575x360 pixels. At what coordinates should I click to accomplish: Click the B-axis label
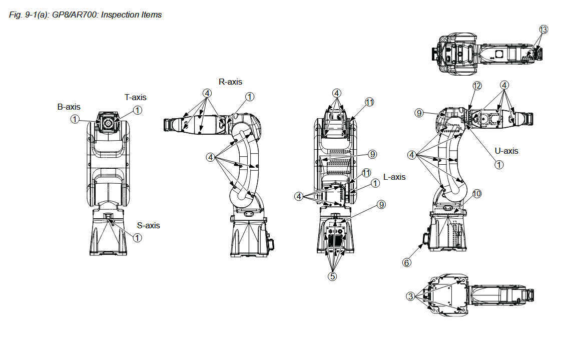coord(69,107)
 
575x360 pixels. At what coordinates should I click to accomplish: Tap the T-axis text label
coord(136,97)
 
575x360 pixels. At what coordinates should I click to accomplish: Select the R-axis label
coord(230,82)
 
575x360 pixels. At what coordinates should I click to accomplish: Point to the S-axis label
coord(149,225)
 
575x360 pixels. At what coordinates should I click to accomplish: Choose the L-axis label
coord(394,177)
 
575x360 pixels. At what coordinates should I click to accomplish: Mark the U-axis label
coord(507,151)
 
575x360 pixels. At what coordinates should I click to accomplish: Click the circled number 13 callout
coord(543,30)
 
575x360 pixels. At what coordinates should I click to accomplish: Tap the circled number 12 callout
coord(477,86)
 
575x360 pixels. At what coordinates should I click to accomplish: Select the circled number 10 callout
coord(476,194)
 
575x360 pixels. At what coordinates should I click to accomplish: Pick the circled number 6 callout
coord(407,262)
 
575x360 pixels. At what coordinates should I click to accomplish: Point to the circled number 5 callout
coord(333,275)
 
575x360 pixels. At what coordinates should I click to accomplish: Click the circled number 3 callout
coord(410,296)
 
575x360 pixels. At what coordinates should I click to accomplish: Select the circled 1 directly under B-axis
coord(75,119)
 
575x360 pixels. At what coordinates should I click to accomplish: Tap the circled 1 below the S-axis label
coord(137,238)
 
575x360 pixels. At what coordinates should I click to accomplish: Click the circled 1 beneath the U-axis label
coord(498,164)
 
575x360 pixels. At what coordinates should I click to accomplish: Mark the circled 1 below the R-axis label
coord(249,96)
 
